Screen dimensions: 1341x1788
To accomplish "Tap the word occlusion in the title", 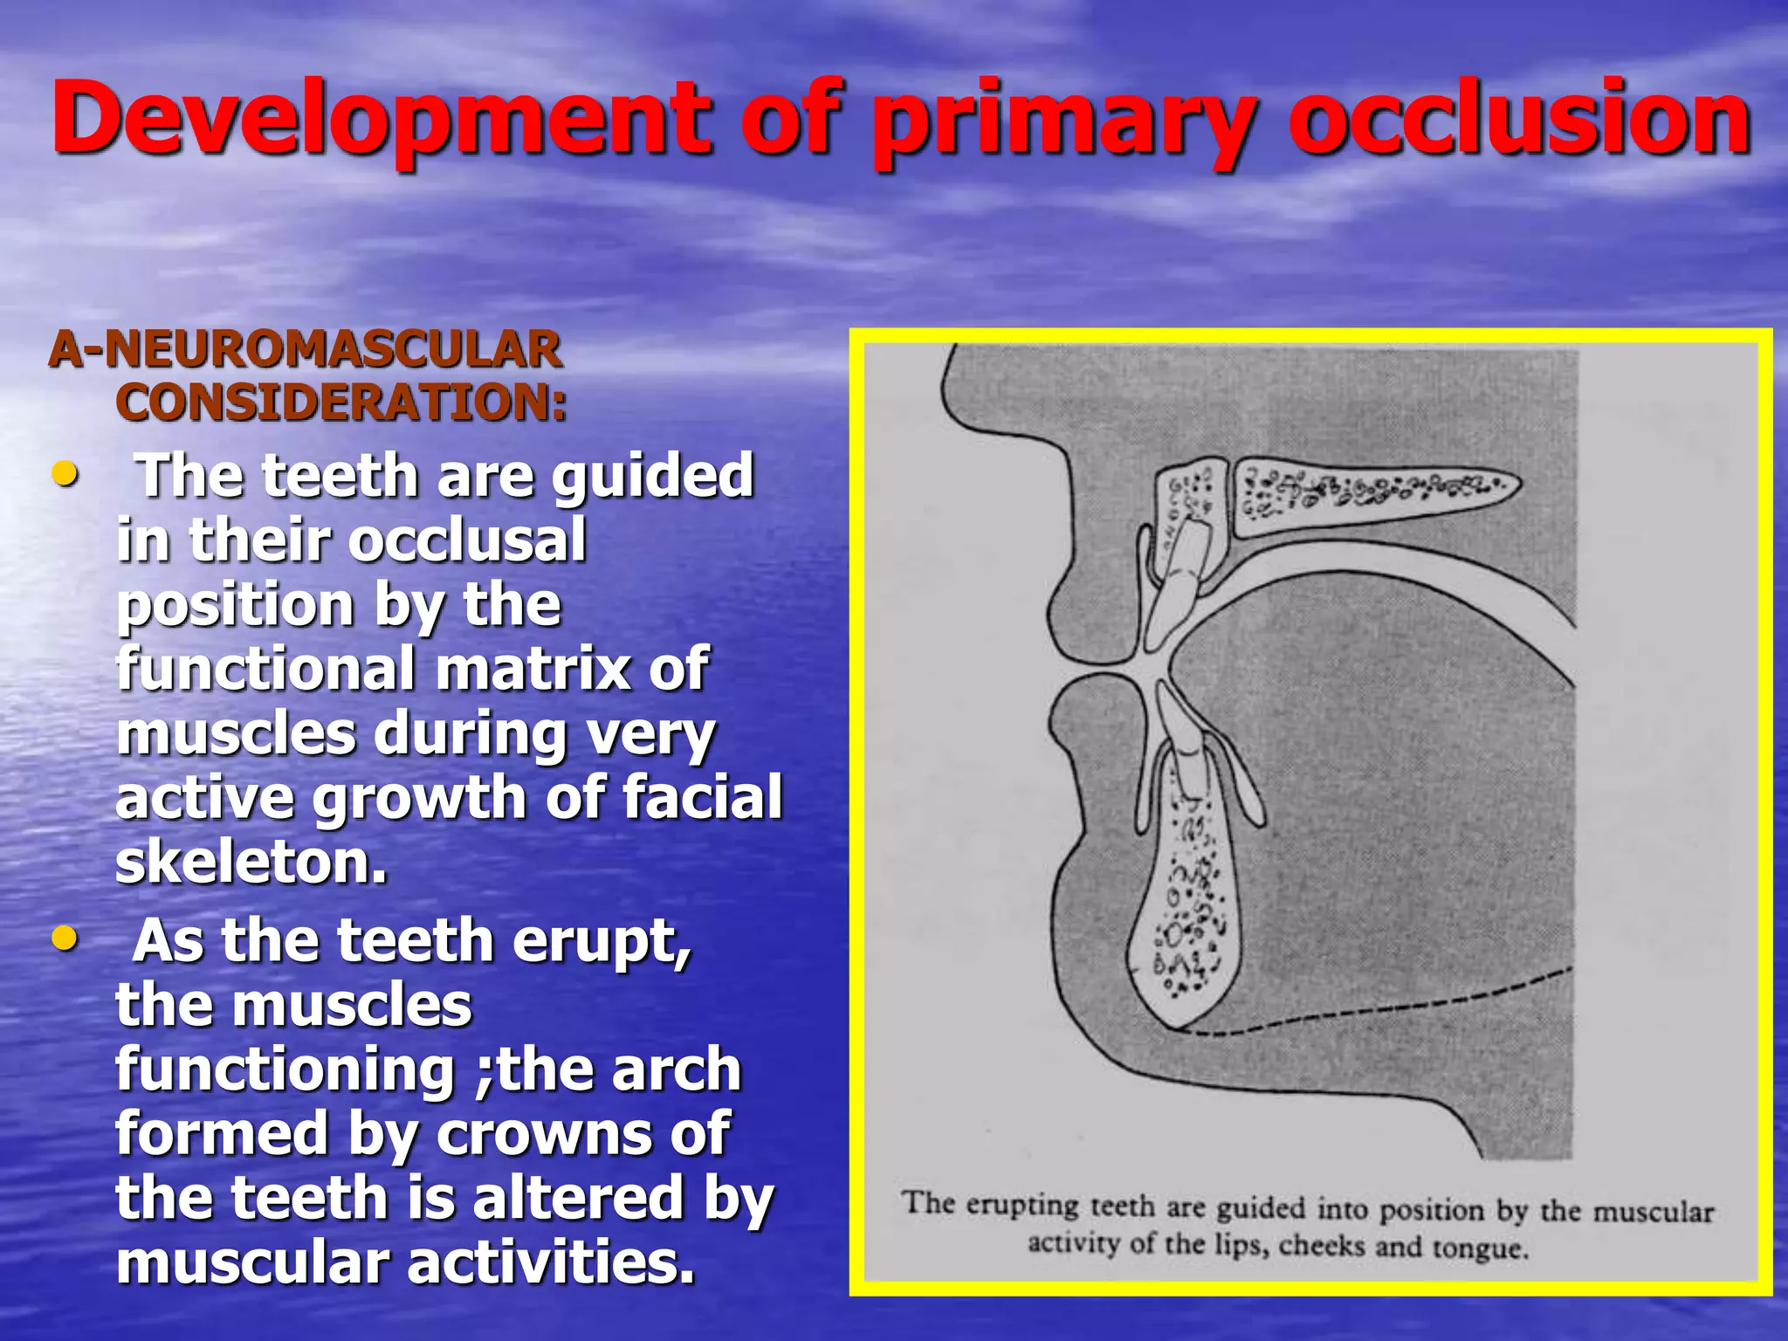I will click(x=1519, y=118).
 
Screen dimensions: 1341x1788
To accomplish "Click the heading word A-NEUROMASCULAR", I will click(x=306, y=349).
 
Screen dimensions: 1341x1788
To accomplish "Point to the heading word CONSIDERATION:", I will click(x=341, y=402).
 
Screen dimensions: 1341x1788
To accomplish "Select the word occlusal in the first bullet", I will click(x=466, y=541).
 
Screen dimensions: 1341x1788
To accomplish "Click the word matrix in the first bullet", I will click(x=533, y=669).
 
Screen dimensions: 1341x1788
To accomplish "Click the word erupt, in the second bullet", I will click(x=602, y=941).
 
